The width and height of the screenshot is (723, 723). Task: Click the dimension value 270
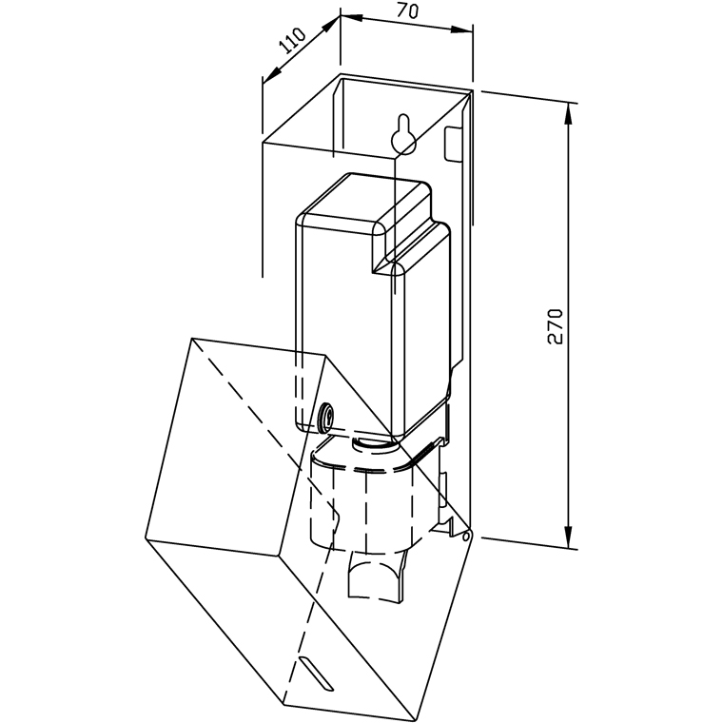(x=557, y=326)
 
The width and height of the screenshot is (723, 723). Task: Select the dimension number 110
(x=291, y=43)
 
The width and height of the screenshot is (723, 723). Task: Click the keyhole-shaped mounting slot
(x=402, y=136)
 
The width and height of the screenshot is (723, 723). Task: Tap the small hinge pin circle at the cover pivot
(x=466, y=537)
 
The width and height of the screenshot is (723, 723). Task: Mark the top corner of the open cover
(x=192, y=340)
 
